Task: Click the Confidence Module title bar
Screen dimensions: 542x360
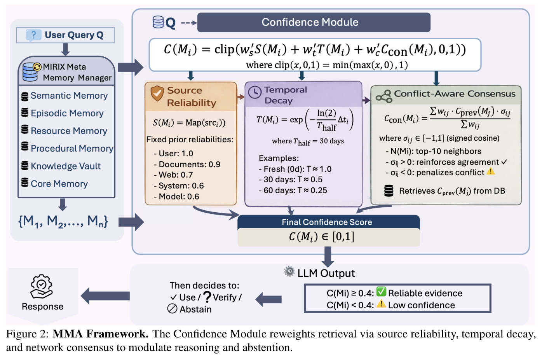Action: [x=314, y=22]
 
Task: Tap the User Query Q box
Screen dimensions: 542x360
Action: [x=65, y=35]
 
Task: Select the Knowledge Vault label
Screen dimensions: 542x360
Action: [x=66, y=166]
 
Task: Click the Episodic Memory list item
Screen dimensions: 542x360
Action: [x=67, y=113]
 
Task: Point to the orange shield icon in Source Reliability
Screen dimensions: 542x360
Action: [x=157, y=93]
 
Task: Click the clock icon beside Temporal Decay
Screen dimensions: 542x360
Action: [x=255, y=92]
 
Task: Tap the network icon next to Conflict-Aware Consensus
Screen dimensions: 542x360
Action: [x=384, y=96]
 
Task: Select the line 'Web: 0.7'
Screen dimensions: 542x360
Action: [x=173, y=175]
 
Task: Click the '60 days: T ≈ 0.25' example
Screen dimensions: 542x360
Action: [x=293, y=190]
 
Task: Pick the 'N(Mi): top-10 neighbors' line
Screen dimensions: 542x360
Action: [x=433, y=151]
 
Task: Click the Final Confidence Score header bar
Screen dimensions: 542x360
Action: [x=329, y=222]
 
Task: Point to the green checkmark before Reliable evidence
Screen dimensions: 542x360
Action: [x=381, y=292]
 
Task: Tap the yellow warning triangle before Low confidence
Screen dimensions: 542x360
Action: [x=381, y=304]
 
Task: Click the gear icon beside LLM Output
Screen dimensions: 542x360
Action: [x=289, y=271]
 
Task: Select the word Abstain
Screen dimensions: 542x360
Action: [x=195, y=309]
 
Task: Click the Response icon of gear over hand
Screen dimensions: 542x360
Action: [x=41, y=287]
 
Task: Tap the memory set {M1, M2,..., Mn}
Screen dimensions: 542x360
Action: [x=63, y=222]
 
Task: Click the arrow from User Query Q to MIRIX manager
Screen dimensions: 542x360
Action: [x=65, y=49]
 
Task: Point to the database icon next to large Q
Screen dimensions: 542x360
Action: [x=158, y=22]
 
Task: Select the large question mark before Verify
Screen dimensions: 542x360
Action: [x=207, y=297]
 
